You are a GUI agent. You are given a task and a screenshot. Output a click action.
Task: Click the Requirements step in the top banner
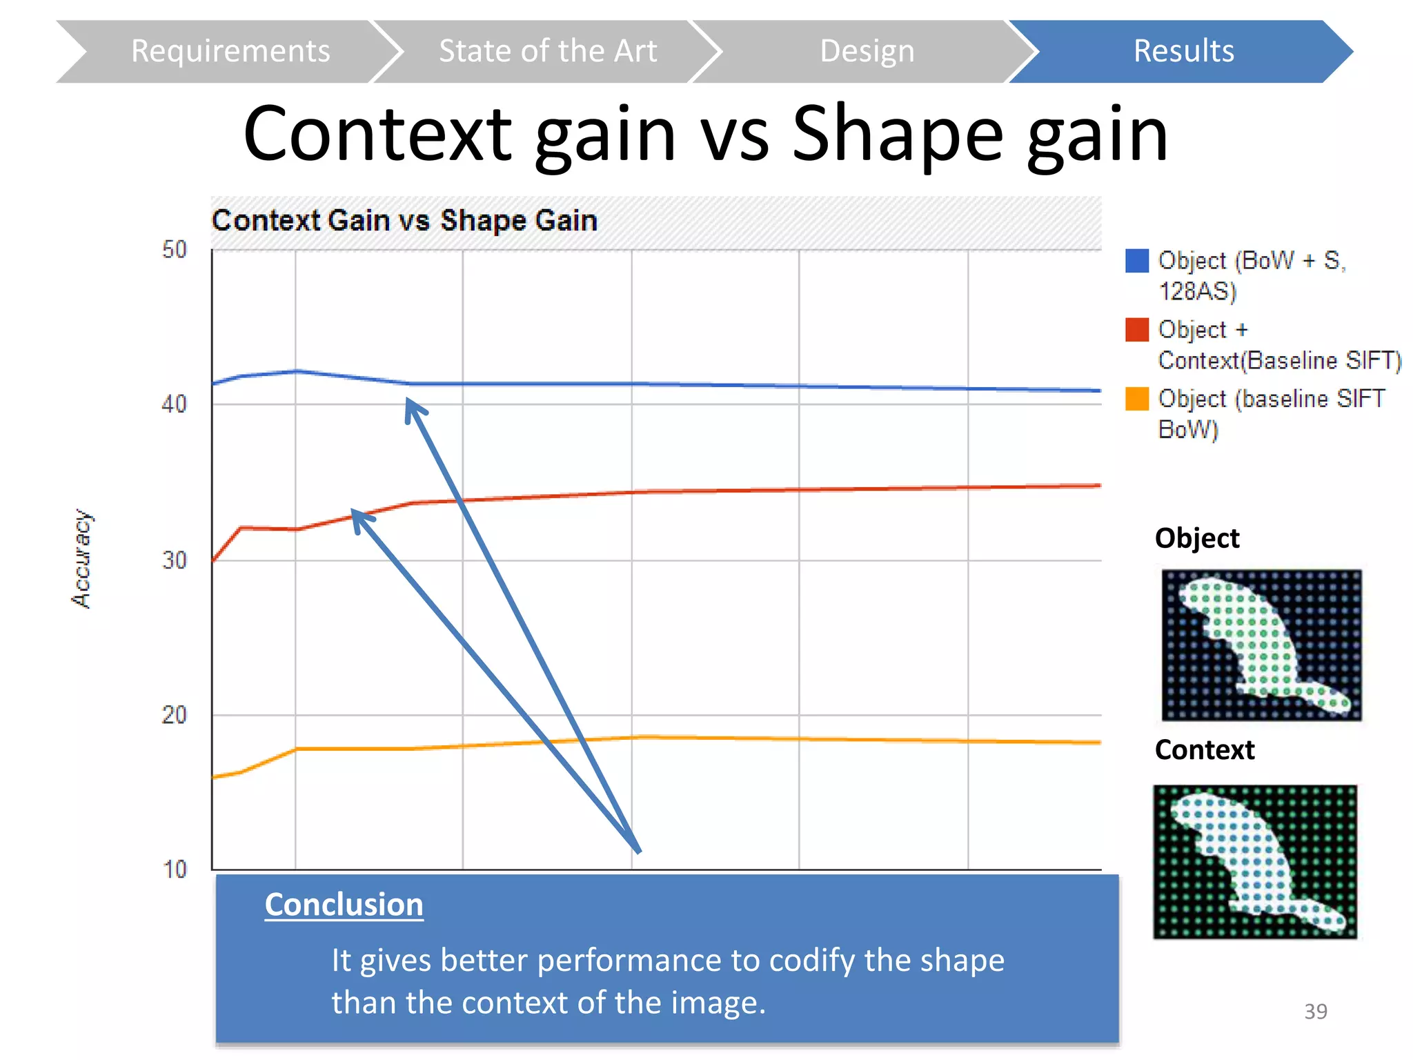coord(230,52)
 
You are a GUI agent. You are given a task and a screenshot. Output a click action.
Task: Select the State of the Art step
coord(547,52)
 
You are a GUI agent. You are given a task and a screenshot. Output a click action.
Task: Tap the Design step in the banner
coord(867,52)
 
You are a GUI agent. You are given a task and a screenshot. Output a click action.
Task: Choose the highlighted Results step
coord(1183,52)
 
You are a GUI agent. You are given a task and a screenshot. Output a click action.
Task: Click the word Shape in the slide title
coord(897,135)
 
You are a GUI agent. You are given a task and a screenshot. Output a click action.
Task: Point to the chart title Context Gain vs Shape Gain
coord(404,221)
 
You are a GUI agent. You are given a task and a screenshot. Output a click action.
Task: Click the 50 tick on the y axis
coord(174,250)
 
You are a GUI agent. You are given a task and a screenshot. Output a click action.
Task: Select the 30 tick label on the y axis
coord(174,560)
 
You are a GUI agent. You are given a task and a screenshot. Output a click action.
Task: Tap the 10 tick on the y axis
coord(174,870)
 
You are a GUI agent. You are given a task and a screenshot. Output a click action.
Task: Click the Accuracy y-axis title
coord(82,559)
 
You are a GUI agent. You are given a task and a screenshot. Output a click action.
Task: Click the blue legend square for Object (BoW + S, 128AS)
coord(1136,261)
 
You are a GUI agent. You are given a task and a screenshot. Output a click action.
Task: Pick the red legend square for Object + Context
coord(1136,330)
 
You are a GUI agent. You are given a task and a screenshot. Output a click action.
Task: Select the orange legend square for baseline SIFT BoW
coord(1136,399)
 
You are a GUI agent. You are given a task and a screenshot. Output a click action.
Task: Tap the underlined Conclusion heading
coord(344,905)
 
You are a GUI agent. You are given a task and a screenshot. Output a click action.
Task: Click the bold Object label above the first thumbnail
coord(1197,538)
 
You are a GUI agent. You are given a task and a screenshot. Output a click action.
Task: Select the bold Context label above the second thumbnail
coord(1205,750)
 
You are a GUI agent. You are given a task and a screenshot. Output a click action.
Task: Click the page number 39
coord(1315,1012)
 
